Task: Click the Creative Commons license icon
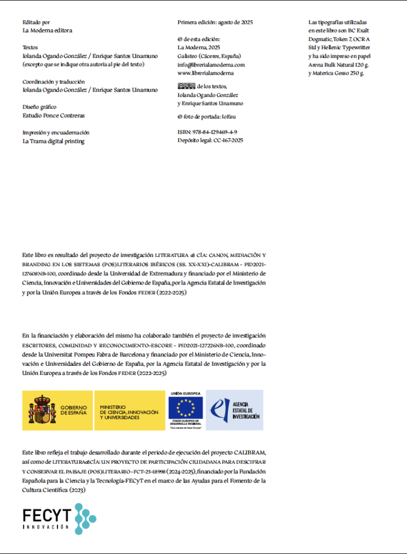pyautogui.click(x=186, y=86)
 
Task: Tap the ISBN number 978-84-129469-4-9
pyautogui.click(x=207, y=132)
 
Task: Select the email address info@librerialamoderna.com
pyautogui.click(x=211, y=64)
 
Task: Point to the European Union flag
pyautogui.click(x=186, y=408)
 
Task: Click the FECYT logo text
pyautogui.click(x=47, y=519)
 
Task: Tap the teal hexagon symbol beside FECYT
pyautogui.click(x=85, y=518)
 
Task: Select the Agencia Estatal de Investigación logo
pyautogui.click(x=234, y=410)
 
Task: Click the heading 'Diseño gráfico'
pyautogui.click(x=40, y=107)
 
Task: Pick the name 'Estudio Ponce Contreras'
pyautogui.click(x=54, y=115)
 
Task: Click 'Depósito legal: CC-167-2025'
pyautogui.click(x=210, y=140)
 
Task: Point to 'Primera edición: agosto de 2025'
pyautogui.click(x=215, y=23)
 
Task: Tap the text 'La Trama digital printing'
pyautogui.click(x=54, y=141)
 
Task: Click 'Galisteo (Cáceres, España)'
pyautogui.click(x=209, y=56)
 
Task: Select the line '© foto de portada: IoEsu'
pyautogui.click(x=206, y=116)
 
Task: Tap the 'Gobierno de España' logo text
pyautogui.click(x=74, y=410)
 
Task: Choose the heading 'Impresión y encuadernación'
pyautogui.click(x=56, y=133)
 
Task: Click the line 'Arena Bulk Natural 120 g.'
pyautogui.click(x=338, y=64)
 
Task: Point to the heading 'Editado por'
pyautogui.click(x=36, y=23)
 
